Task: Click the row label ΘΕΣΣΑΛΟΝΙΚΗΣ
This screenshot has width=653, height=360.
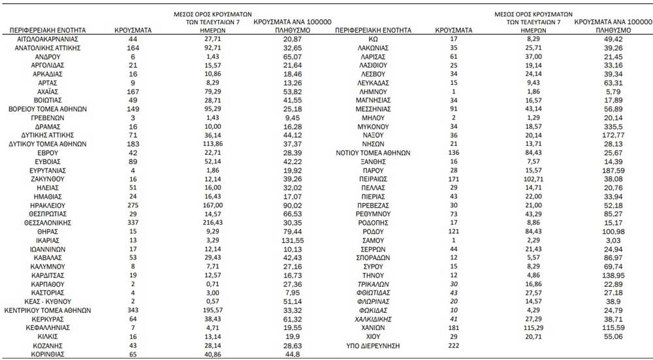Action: (x=51, y=221)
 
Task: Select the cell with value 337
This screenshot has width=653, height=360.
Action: (x=133, y=221)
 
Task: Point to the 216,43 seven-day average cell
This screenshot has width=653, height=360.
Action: (x=209, y=221)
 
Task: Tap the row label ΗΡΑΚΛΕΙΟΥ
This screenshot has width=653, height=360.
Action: (x=51, y=205)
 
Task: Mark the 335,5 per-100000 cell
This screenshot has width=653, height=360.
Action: (x=602, y=125)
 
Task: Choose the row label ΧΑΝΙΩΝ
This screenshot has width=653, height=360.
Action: (x=374, y=327)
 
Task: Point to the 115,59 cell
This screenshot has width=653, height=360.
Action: (x=602, y=327)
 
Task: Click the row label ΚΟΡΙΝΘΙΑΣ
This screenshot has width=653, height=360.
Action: (x=51, y=354)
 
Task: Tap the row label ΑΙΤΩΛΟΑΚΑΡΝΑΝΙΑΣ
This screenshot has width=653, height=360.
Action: (x=51, y=39)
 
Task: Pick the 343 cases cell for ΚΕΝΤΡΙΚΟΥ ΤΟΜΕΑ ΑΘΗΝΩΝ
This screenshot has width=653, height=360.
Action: (x=133, y=310)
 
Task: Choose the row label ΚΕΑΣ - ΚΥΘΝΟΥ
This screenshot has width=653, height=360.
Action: (x=51, y=301)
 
